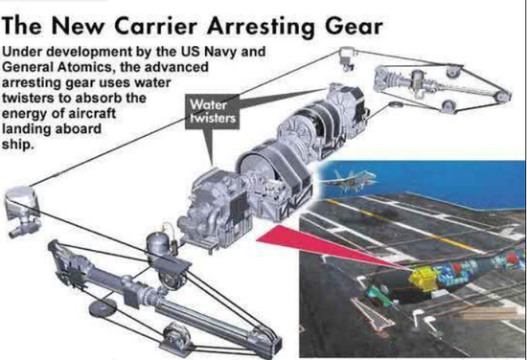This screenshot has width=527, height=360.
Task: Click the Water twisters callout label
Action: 213,112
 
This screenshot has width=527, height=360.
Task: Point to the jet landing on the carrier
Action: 351,181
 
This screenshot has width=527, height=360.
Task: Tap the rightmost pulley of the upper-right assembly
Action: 502,97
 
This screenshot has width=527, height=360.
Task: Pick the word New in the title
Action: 78,26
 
